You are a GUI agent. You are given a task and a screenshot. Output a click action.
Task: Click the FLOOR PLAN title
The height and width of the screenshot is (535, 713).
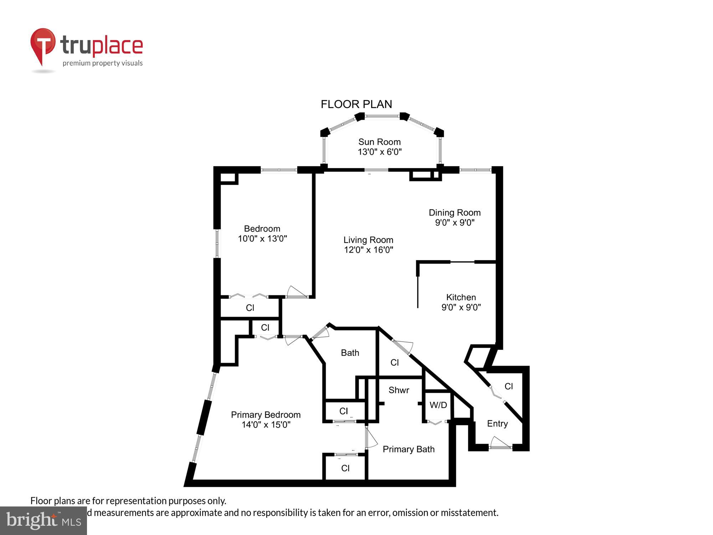point(356,104)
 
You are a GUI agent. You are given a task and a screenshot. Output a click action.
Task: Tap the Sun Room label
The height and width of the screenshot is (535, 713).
point(379,142)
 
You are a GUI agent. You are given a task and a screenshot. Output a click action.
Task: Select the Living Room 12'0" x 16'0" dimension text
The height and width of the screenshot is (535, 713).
point(368,250)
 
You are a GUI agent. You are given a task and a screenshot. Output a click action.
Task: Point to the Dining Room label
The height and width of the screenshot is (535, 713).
point(455,213)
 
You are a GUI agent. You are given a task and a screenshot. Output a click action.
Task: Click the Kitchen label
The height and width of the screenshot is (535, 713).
point(461,297)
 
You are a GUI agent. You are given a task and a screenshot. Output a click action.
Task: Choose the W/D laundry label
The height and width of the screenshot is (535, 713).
point(438,405)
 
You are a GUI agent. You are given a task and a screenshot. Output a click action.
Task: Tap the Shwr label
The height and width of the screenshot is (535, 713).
point(399,390)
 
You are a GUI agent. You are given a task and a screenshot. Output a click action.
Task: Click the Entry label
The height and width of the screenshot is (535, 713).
point(497,423)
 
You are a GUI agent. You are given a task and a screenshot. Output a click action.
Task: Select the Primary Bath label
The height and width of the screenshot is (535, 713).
point(409,449)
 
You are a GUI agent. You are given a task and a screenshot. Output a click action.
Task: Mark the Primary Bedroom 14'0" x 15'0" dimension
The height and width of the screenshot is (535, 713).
point(266,424)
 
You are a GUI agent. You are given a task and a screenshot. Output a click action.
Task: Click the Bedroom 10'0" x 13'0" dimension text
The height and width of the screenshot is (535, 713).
point(262,239)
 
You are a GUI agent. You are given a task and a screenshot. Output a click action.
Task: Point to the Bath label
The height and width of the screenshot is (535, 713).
point(350,353)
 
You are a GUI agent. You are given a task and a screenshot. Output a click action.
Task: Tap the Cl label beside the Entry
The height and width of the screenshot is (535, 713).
point(509,386)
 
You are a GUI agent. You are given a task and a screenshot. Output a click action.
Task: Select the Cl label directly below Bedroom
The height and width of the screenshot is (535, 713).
point(250,307)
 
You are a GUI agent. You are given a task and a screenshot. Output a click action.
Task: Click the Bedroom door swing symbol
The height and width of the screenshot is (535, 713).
point(296,292)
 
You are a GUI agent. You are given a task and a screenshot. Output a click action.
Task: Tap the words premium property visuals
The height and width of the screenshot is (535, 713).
point(103,63)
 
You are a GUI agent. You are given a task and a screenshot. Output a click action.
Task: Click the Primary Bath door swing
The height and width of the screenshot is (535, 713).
point(371,439)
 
